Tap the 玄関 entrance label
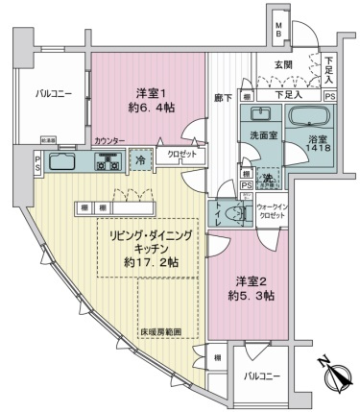285,64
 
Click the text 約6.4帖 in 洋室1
147,109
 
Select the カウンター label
108,141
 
